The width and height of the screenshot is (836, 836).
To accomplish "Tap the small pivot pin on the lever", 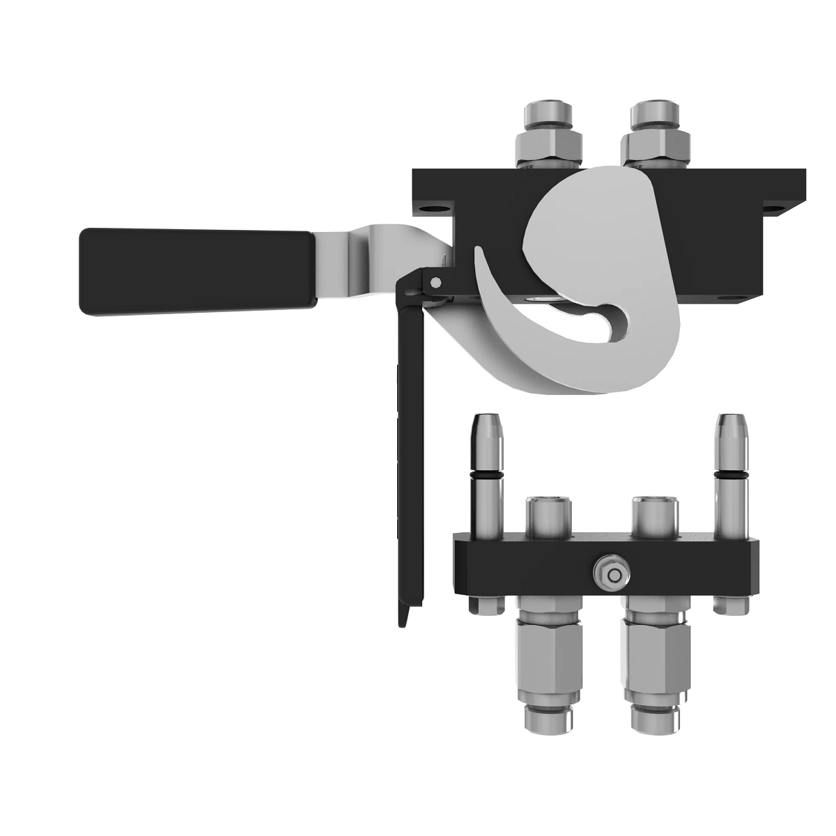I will [435, 282].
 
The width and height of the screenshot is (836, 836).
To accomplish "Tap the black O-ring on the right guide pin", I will [731, 475].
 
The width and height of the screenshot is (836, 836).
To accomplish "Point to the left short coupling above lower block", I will [548, 516].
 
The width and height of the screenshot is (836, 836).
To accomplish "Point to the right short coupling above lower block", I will [653, 516].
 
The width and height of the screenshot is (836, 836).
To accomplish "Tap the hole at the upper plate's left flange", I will [433, 208].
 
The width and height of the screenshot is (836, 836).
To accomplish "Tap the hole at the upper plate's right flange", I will [773, 208].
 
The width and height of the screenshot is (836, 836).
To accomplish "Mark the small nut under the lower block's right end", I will [731, 606].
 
